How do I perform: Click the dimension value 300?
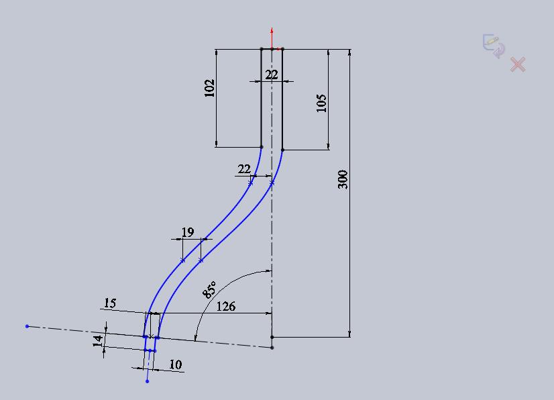click(x=343, y=180)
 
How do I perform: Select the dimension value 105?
click(x=321, y=103)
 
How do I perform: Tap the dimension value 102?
click(x=209, y=88)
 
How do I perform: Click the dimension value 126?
click(x=226, y=306)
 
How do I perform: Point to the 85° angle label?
click(x=209, y=290)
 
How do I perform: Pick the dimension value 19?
click(x=188, y=232)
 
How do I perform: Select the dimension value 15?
click(x=110, y=303)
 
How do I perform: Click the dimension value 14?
click(x=98, y=341)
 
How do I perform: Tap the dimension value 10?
click(x=176, y=364)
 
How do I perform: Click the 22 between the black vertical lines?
click(x=272, y=74)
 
